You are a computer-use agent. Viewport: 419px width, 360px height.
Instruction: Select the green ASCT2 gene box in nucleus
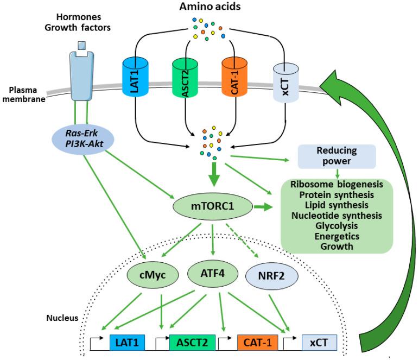(192, 343)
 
